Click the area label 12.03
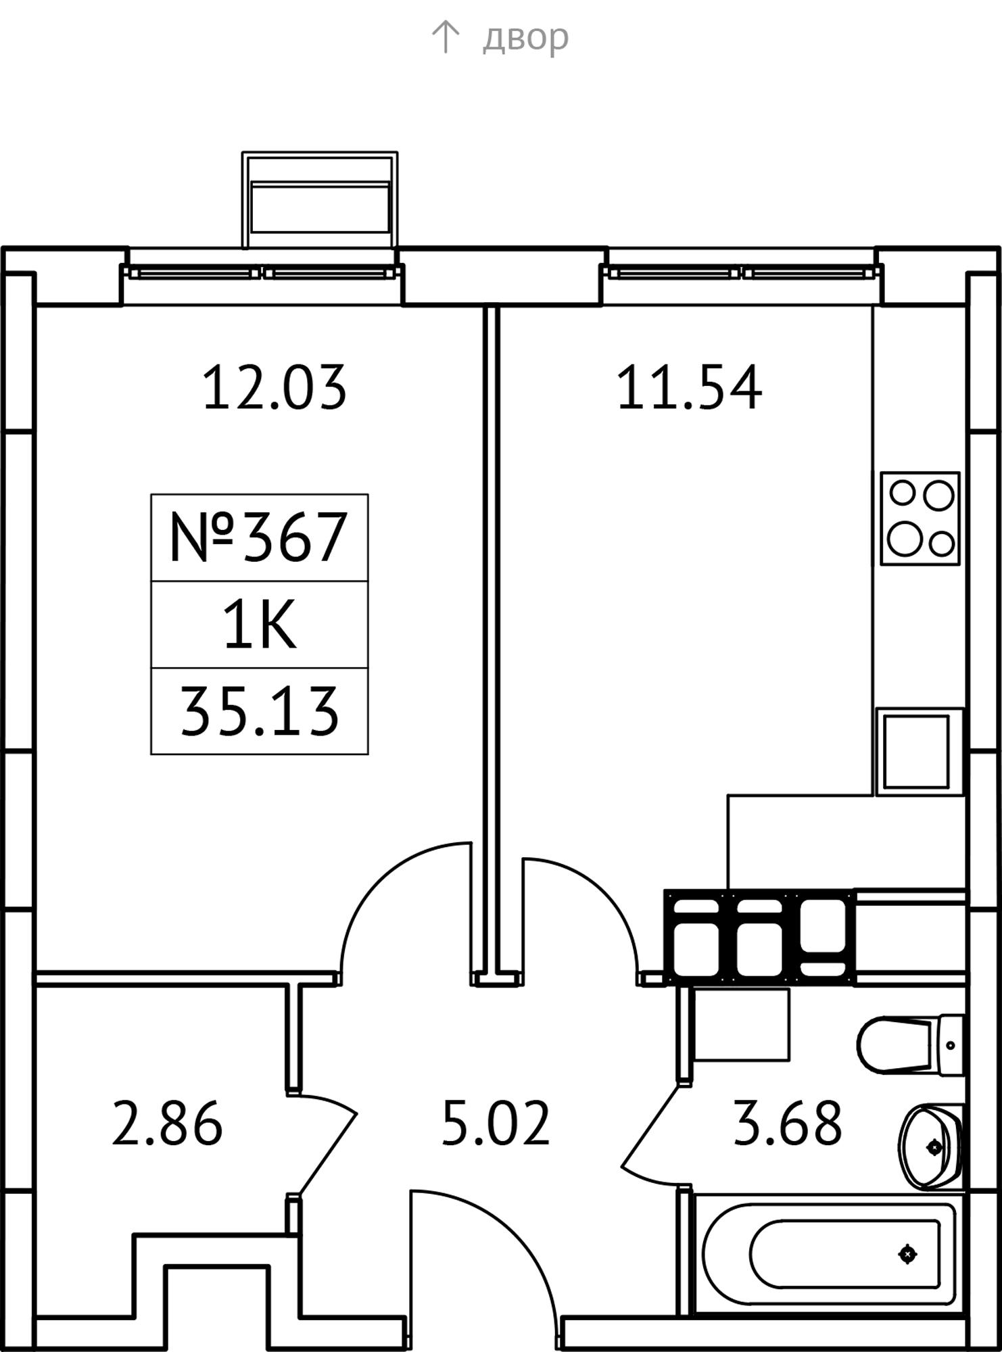pyautogui.click(x=275, y=387)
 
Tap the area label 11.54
pyautogui.click(x=689, y=387)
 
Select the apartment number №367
pyautogui.click(x=259, y=537)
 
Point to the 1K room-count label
pyautogui.click(x=260, y=625)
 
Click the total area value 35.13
pyautogui.click(x=259, y=711)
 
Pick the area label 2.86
pyautogui.click(x=167, y=1124)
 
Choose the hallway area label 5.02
pyautogui.click(x=496, y=1124)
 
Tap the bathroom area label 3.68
pyautogui.click(x=788, y=1124)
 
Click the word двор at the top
pyautogui.click(x=525, y=38)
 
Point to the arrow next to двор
pyautogui.click(x=445, y=37)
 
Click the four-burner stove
pyautogui.click(x=920, y=518)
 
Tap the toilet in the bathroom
pyautogui.click(x=909, y=1044)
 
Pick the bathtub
pyautogui.click(x=828, y=1254)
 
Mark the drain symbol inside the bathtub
pyautogui.click(x=907, y=1254)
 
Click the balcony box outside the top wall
pyautogui.click(x=320, y=200)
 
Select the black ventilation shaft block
pyautogui.click(x=759, y=936)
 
